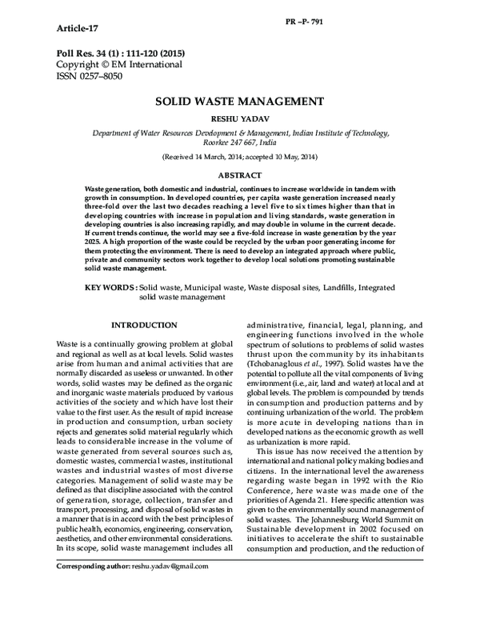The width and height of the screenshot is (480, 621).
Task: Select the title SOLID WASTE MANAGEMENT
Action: pyautogui.click(x=239, y=102)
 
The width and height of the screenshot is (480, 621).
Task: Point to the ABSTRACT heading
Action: pyautogui.click(x=239, y=174)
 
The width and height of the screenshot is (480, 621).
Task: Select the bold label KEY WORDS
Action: pyautogui.click(x=110, y=286)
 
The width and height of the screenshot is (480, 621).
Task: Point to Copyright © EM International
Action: pyautogui.click(x=119, y=63)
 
